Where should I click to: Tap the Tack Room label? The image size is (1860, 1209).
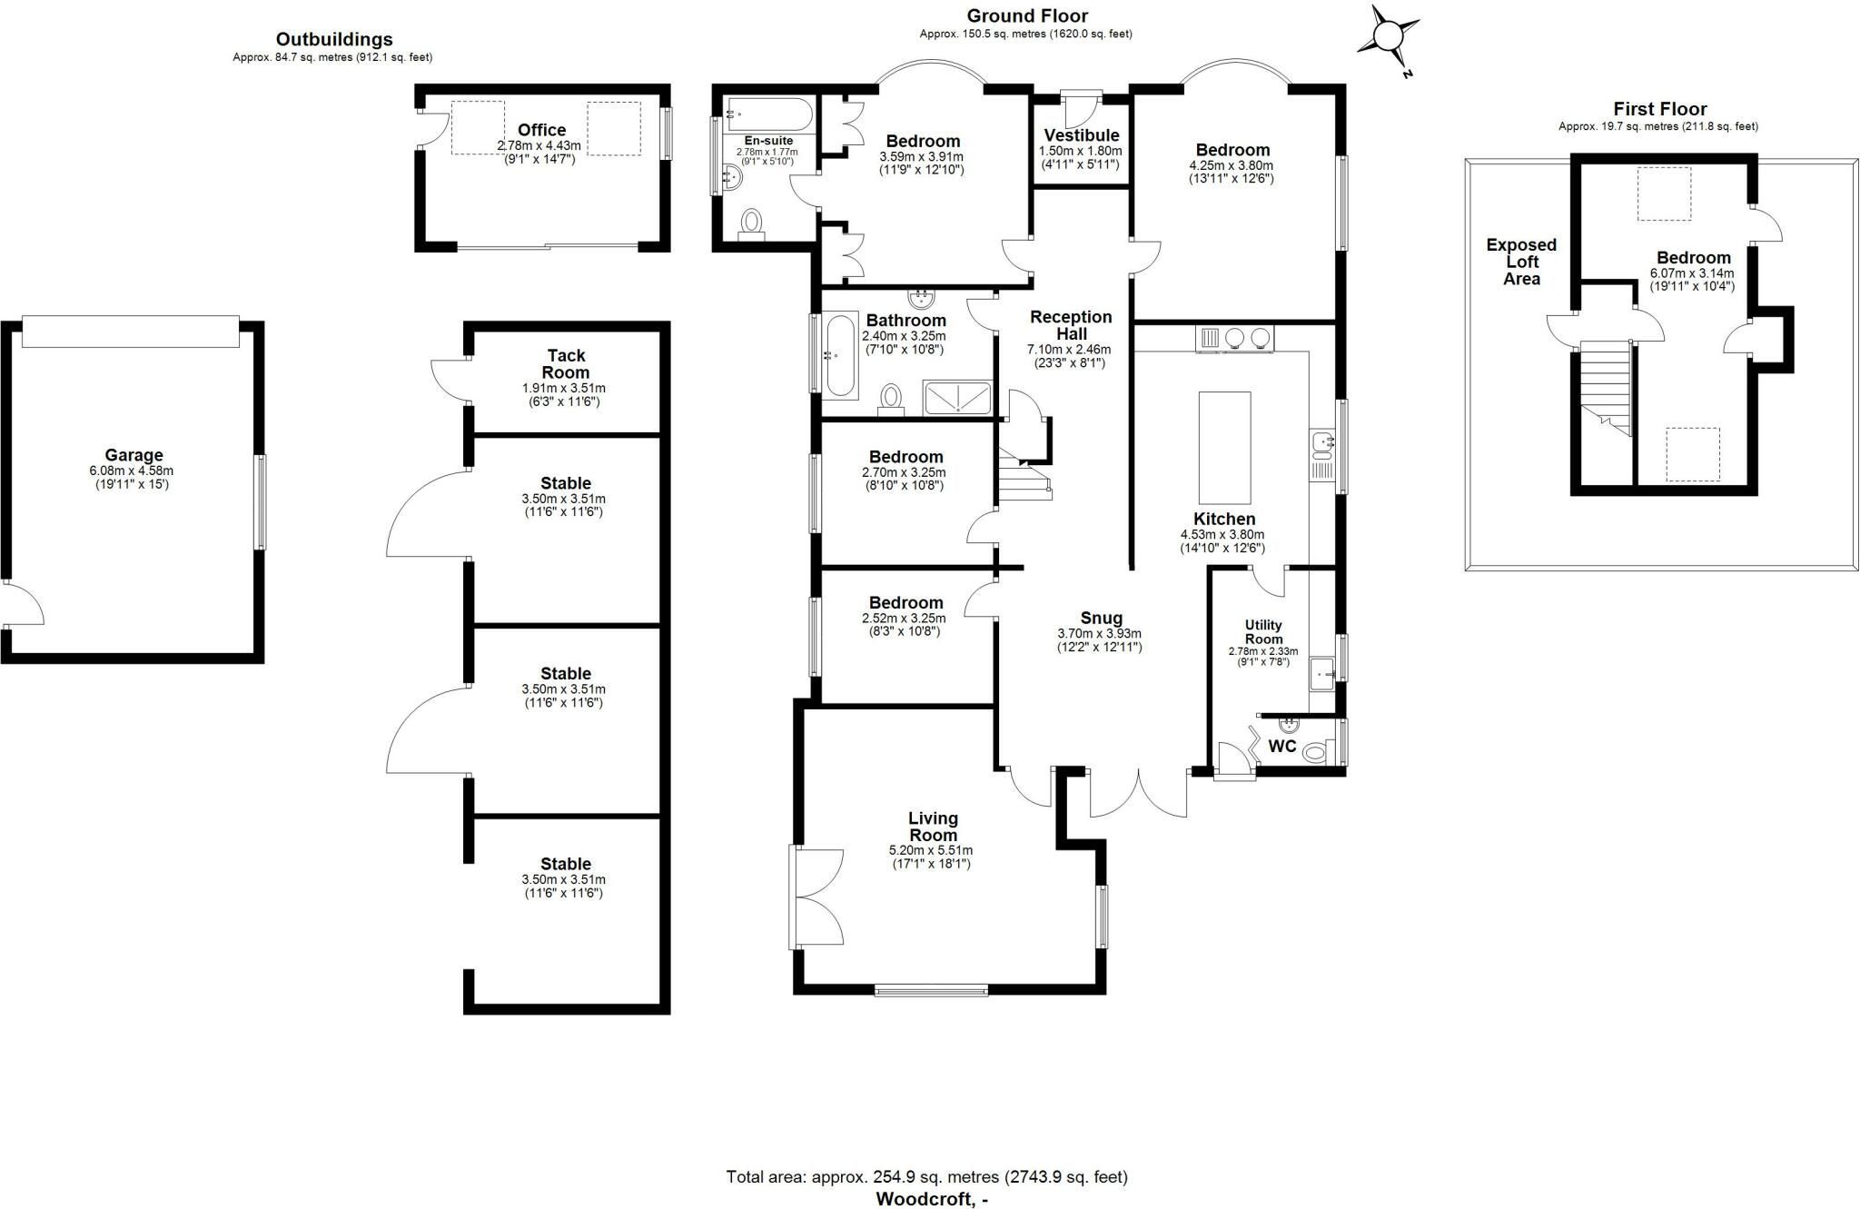point(566,364)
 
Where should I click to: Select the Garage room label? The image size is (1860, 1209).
point(134,455)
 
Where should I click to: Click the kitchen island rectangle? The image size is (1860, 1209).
point(1224,448)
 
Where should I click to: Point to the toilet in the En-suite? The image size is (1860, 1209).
point(752,224)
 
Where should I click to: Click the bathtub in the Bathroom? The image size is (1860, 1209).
point(840,355)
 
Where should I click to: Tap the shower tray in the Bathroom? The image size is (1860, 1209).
point(957,398)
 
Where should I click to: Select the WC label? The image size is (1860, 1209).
point(1281,747)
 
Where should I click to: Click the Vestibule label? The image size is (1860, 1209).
point(1081,135)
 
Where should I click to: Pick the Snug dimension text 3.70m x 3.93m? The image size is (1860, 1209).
point(1099,634)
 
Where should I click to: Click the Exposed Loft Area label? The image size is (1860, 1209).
point(1521,262)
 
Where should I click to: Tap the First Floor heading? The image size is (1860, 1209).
point(1659,109)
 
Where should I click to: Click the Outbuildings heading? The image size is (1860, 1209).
point(334,39)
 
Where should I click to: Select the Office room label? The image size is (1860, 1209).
point(541,130)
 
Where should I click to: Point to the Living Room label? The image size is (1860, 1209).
point(933,827)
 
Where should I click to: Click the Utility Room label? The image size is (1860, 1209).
point(1263,631)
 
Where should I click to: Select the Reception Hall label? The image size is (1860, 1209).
point(1071,325)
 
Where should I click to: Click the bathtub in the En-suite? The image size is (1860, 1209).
point(769,114)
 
